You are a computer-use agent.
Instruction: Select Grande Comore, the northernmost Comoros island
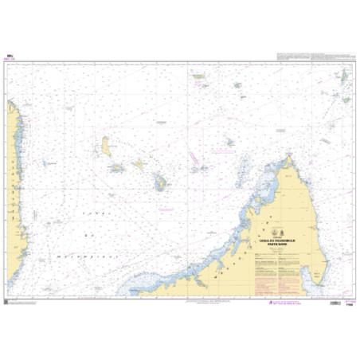coord(105,146)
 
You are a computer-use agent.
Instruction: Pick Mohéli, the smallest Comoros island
coord(117,168)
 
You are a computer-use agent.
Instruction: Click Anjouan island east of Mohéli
coord(139,164)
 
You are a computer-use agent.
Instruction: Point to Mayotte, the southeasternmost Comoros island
coord(161,183)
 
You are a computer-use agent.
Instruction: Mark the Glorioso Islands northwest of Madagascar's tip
coord(229,142)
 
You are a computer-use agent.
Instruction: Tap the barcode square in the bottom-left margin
coord(6,302)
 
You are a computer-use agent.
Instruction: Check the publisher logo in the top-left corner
coord(9,56)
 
